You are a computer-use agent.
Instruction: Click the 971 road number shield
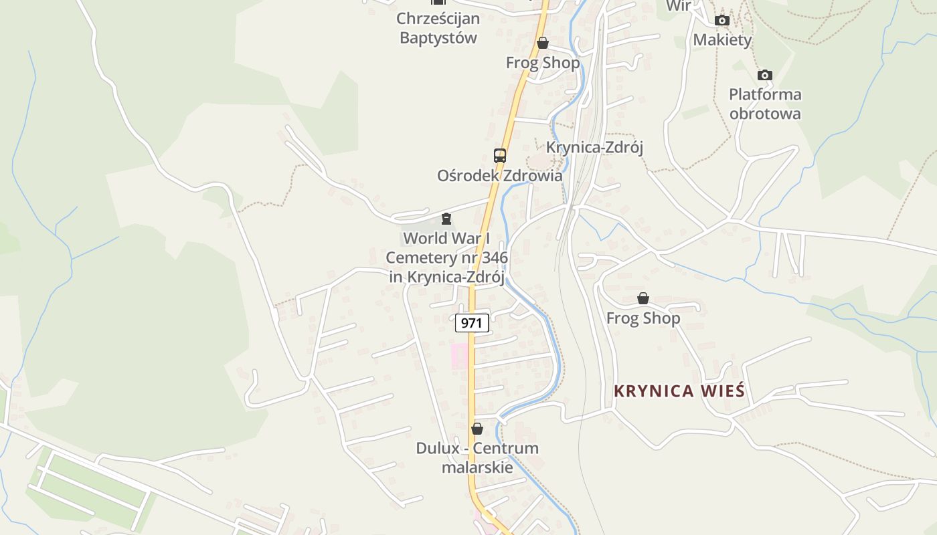coord(472,322)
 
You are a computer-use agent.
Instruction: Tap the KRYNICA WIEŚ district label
coord(679,391)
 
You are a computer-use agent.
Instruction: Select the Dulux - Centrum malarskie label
coord(477,457)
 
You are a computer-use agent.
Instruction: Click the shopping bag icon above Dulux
coord(477,429)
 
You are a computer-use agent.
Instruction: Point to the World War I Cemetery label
coord(446,257)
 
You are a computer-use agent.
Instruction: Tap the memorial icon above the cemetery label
coord(446,219)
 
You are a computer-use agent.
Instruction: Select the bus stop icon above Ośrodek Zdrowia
coord(500,156)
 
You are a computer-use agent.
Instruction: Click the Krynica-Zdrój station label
coord(594,147)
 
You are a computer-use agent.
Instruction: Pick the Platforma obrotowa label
coord(765,104)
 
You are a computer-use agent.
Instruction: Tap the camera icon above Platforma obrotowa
coord(765,76)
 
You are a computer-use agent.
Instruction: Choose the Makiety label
coord(722,40)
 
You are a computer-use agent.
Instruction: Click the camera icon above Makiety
coord(721,21)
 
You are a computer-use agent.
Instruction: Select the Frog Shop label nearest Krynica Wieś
coord(643,318)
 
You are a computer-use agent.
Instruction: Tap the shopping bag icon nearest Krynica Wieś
coord(643,298)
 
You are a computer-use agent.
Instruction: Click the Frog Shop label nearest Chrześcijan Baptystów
coord(543,63)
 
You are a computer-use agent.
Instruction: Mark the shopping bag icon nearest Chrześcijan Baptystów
coord(543,43)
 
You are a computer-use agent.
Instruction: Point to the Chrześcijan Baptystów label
coord(438,28)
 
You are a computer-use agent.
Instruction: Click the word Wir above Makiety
coord(679,6)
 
